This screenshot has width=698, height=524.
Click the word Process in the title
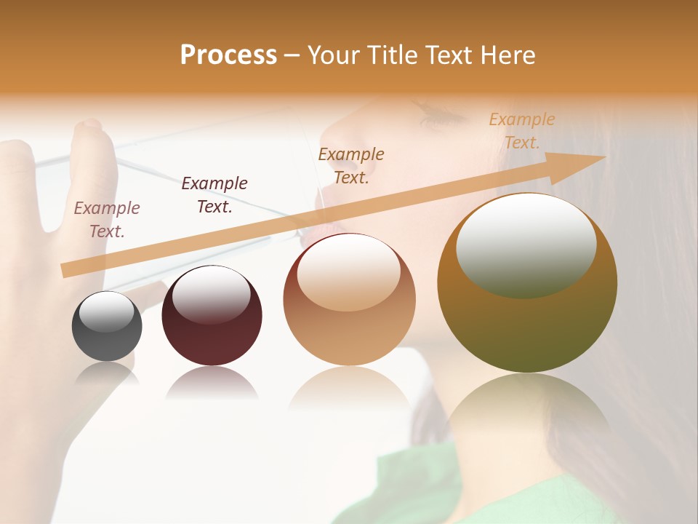(x=228, y=55)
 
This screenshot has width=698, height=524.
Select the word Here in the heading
(x=509, y=55)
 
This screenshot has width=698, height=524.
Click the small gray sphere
(x=107, y=327)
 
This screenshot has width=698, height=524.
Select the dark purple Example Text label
(x=214, y=195)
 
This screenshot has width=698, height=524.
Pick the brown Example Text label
(x=351, y=165)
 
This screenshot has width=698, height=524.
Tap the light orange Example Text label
(x=522, y=131)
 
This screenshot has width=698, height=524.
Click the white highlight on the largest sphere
(x=526, y=244)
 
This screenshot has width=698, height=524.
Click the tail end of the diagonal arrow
(x=67, y=270)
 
